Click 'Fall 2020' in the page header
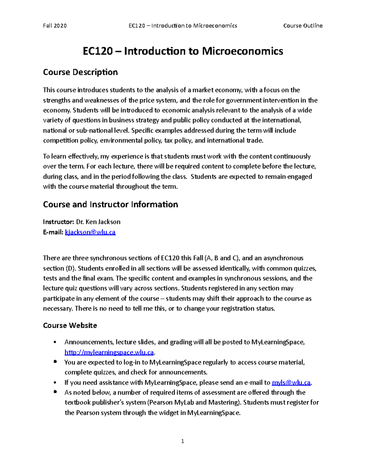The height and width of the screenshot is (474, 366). [55, 26]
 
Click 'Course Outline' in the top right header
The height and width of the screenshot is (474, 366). [303, 26]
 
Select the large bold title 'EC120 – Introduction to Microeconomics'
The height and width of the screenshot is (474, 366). [183, 51]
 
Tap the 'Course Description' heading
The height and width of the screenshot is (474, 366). [80, 72]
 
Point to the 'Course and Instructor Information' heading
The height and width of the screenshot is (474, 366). [110, 204]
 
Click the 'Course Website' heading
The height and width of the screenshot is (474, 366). [70, 325]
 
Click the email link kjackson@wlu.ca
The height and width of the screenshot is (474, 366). [90, 232]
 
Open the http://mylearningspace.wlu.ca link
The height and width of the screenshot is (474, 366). [109, 353]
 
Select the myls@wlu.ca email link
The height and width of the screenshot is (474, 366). [291, 383]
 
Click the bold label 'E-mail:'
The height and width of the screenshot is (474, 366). [53, 232]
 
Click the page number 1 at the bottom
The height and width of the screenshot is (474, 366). [182, 441]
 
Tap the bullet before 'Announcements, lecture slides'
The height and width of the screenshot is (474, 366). [55, 342]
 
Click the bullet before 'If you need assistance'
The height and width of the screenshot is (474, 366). [55, 383]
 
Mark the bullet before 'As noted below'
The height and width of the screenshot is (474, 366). [55, 392]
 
